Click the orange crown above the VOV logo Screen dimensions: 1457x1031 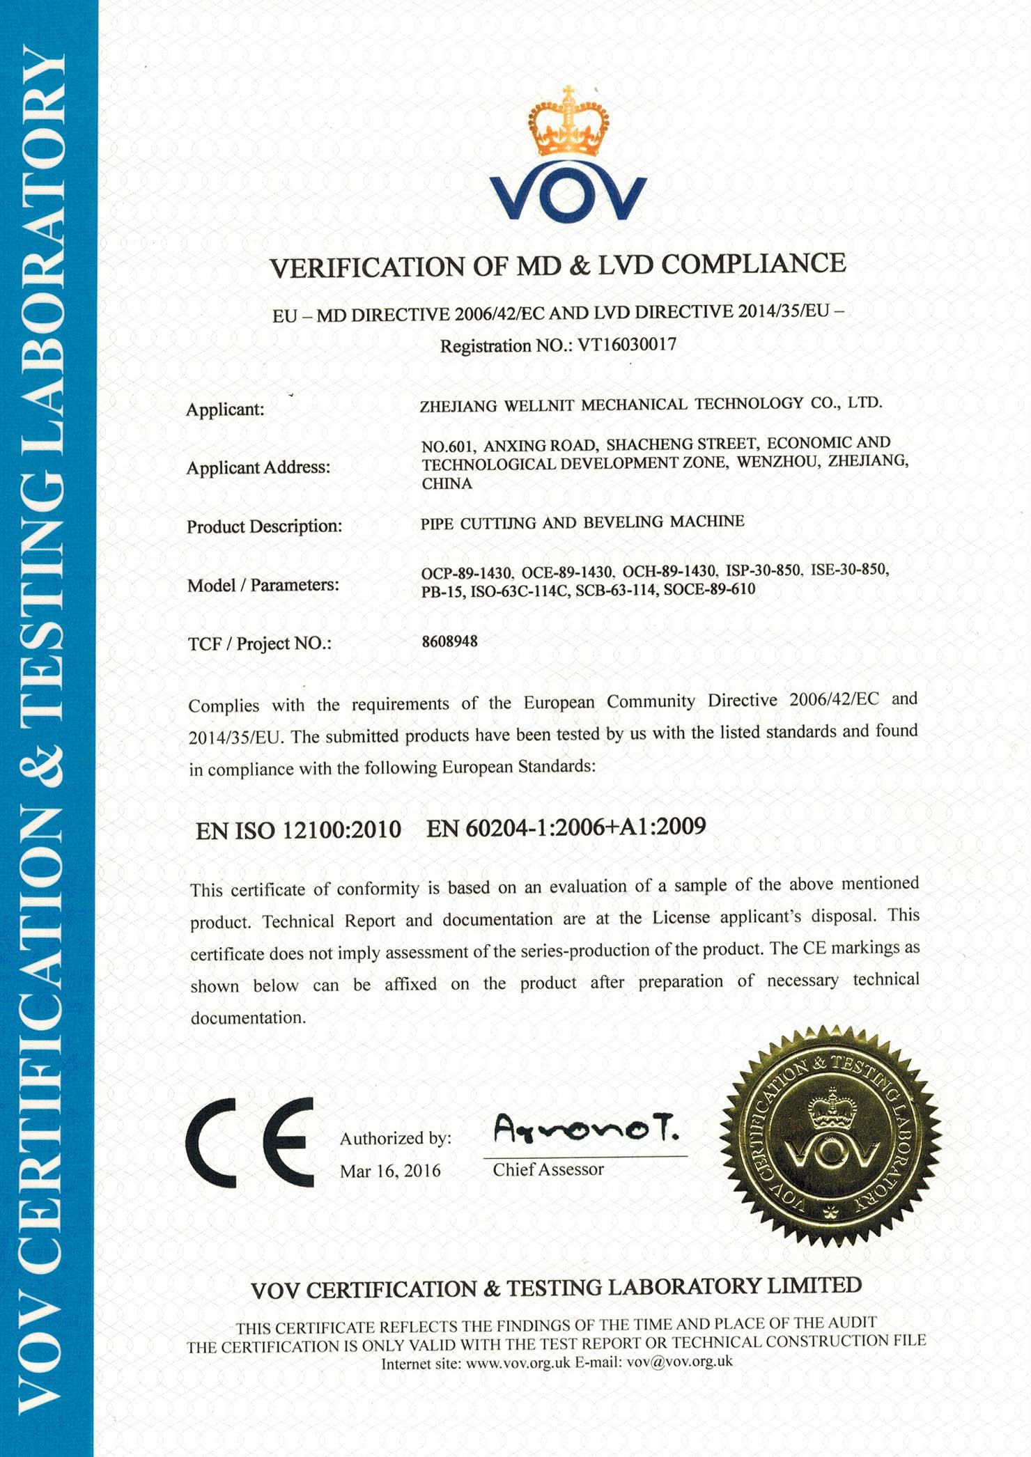click(x=568, y=124)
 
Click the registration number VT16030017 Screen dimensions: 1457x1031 click(x=627, y=345)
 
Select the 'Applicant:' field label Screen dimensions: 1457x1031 click(x=225, y=410)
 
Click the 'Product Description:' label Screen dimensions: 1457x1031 click(x=265, y=527)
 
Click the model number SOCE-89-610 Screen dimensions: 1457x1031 click(x=709, y=590)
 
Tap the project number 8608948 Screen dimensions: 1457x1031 click(x=450, y=641)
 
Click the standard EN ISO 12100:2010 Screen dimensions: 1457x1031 click(x=298, y=830)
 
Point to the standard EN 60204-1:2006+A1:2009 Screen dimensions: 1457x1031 click(x=566, y=827)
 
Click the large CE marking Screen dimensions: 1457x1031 click(x=249, y=1142)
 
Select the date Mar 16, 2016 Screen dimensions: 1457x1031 click(x=390, y=1171)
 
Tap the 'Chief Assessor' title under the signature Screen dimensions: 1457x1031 click(x=548, y=1169)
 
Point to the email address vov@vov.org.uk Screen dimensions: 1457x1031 click(x=680, y=1362)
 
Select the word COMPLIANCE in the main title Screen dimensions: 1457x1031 click(x=753, y=263)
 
